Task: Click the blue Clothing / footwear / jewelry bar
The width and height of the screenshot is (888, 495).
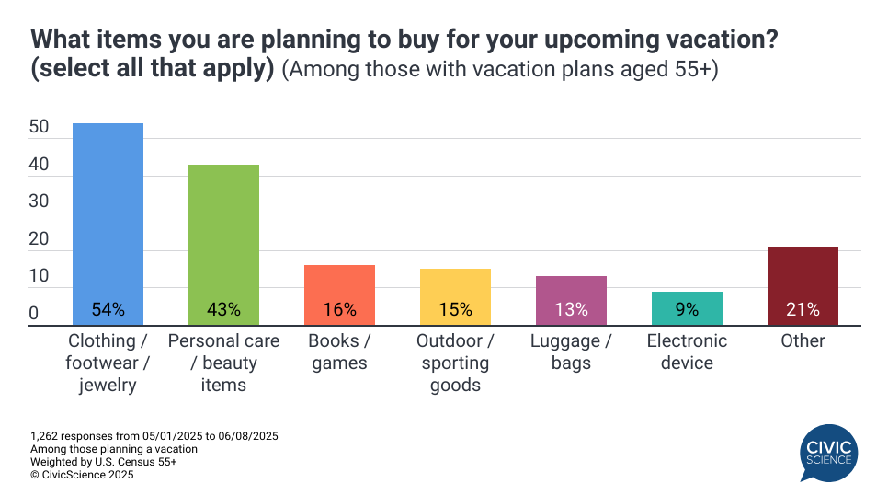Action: (x=108, y=221)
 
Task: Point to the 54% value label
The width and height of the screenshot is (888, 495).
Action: (x=108, y=310)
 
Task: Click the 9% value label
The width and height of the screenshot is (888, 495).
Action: (x=687, y=310)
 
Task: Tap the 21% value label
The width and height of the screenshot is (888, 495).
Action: (x=803, y=310)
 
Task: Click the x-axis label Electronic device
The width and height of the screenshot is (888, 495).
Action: (x=687, y=351)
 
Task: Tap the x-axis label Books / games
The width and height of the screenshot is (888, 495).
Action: (x=339, y=351)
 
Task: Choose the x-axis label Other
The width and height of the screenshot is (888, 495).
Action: (x=803, y=340)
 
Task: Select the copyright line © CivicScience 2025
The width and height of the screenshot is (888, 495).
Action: (x=82, y=475)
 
